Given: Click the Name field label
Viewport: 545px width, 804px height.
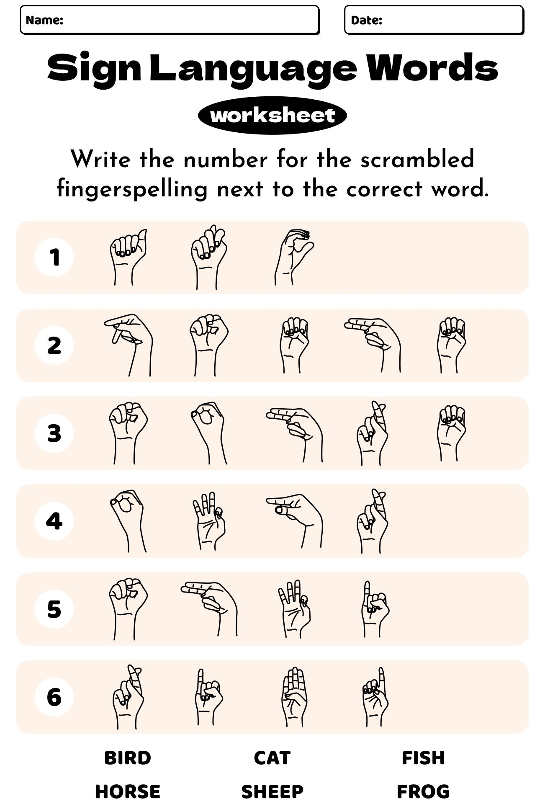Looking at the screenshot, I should click(44, 20).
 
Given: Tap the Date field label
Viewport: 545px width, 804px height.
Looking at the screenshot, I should click(366, 20).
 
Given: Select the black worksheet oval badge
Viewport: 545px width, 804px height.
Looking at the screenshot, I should click(272, 116).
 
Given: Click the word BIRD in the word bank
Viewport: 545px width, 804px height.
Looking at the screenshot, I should click(128, 758).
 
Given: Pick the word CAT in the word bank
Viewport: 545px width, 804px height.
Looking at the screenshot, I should click(272, 758).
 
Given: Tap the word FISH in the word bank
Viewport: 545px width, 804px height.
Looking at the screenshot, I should click(423, 758).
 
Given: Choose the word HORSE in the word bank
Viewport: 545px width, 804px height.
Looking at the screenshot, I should click(128, 791).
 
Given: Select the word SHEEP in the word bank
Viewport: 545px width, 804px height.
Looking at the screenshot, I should click(272, 791).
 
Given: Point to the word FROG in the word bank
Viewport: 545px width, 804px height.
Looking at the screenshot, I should click(423, 791).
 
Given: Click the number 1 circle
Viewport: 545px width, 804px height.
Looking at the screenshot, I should click(54, 257).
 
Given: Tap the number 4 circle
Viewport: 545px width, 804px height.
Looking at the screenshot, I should click(54, 521).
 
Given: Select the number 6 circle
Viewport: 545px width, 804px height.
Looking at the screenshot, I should click(54, 697).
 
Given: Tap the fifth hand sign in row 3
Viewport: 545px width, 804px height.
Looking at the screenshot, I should click(452, 432).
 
